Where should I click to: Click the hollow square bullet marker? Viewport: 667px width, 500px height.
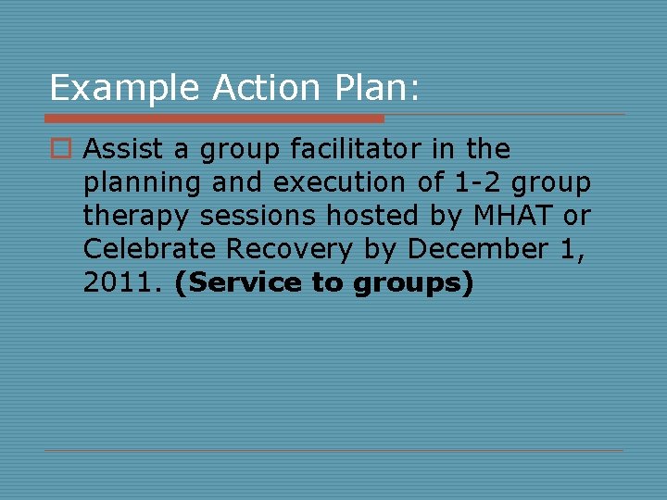62,149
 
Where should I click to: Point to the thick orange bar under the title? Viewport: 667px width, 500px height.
214,119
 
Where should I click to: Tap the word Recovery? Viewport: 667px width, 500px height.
290,250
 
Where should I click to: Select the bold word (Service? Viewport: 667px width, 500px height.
238,283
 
